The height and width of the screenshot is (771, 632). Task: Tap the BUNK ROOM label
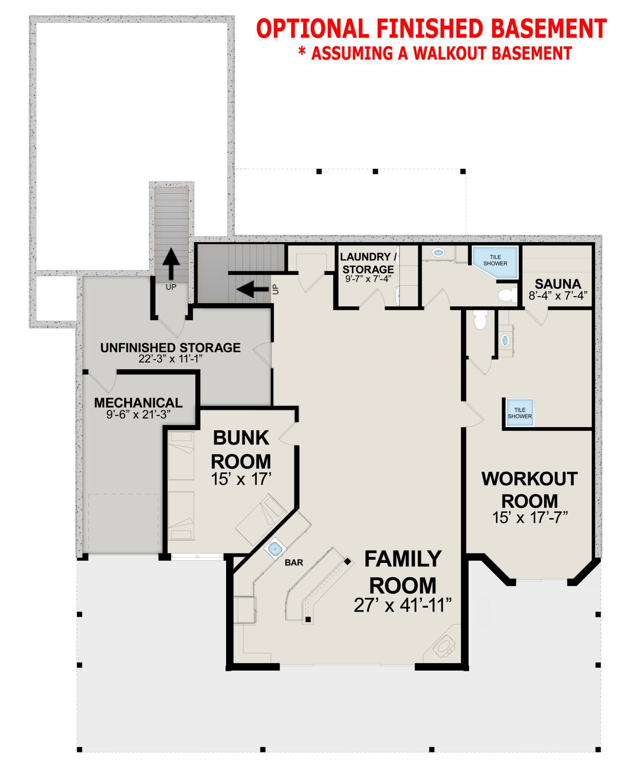241,449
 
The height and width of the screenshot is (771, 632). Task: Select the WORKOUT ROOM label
529,489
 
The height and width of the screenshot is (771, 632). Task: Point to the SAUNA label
557,284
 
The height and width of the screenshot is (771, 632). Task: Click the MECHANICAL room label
138,402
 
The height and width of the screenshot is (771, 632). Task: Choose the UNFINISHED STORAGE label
171,347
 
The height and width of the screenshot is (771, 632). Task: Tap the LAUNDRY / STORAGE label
368,263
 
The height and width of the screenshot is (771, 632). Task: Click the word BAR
294,563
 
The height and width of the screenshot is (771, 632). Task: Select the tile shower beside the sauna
495,262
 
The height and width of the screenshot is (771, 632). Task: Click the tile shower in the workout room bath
519,413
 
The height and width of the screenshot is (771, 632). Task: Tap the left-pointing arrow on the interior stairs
253,289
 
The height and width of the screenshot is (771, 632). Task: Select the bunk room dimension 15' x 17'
241,479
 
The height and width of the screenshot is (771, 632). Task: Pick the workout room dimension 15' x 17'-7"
530,517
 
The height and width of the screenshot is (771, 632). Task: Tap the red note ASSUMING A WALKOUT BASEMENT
435,53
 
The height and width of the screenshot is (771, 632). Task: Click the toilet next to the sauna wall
508,295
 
